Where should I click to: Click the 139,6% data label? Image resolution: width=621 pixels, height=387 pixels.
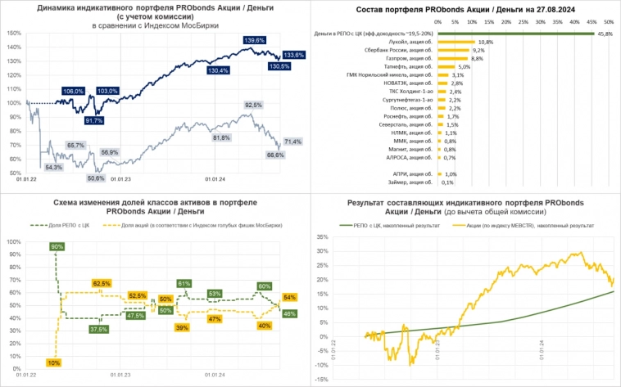pyautogui.click(x=254, y=39)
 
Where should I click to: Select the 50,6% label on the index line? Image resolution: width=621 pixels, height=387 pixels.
pyautogui.click(x=96, y=178)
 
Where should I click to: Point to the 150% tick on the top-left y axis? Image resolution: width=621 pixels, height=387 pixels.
pyautogui.click(x=12, y=33)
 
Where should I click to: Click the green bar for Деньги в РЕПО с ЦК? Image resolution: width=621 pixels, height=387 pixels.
pyautogui.click(x=516, y=34)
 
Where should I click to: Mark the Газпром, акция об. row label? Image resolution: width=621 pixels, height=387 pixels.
pyautogui.click(x=409, y=58)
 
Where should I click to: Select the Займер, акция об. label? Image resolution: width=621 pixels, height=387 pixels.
pyautogui.click(x=411, y=182)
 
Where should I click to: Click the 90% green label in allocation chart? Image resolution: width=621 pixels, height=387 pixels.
pyautogui.click(x=57, y=246)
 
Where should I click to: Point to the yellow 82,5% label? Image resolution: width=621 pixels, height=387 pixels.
pyautogui.click(x=102, y=283)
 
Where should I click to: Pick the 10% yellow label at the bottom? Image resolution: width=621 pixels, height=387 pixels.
pyautogui.click(x=54, y=362)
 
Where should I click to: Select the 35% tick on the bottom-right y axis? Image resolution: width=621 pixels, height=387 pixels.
pyautogui.click(x=321, y=237)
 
